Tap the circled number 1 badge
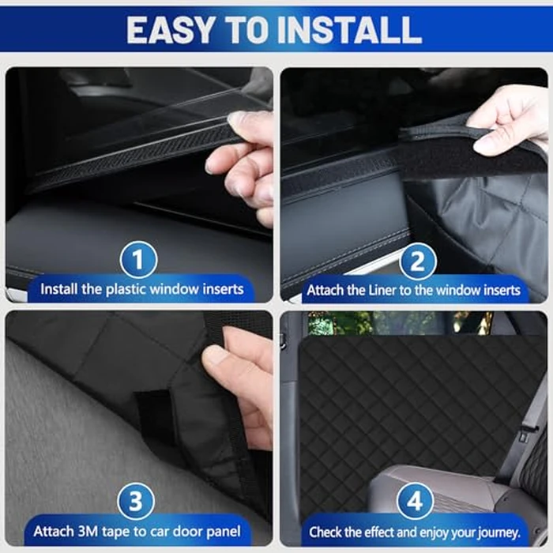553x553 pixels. click(138, 261)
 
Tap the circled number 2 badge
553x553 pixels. click(416, 261)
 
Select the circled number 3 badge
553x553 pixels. click(138, 503)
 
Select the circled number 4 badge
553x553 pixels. click(416, 503)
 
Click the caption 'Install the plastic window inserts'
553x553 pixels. click(142, 289)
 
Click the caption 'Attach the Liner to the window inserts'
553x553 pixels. click(414, 290)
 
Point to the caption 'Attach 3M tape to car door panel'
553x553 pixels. click(138, 531)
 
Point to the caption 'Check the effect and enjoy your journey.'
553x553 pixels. click(414, 532)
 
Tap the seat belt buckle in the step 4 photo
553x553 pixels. click(523, 434)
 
